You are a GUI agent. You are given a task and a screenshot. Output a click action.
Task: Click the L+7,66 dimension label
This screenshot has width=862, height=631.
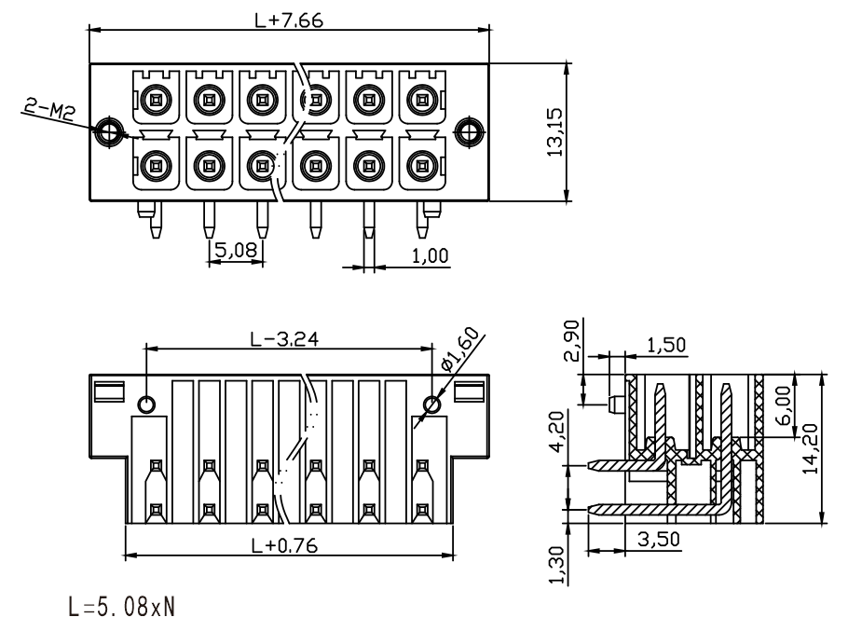(289, 20)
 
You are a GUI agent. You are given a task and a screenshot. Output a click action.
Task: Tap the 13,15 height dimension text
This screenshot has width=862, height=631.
(554, 132)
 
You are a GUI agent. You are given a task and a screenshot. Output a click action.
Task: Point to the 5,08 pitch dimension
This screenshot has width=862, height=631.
(236, 251)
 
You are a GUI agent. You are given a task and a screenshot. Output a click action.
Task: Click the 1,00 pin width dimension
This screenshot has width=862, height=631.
(430, 255)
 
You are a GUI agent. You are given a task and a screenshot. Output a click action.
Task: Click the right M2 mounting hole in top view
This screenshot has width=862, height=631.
(469, 132)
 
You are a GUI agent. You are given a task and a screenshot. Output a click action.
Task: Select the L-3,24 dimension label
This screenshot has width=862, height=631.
(285, 339)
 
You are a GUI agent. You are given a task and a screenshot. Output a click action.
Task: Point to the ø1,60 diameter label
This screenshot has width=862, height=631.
(459, 350)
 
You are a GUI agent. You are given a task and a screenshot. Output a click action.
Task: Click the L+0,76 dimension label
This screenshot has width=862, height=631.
(285, 545)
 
